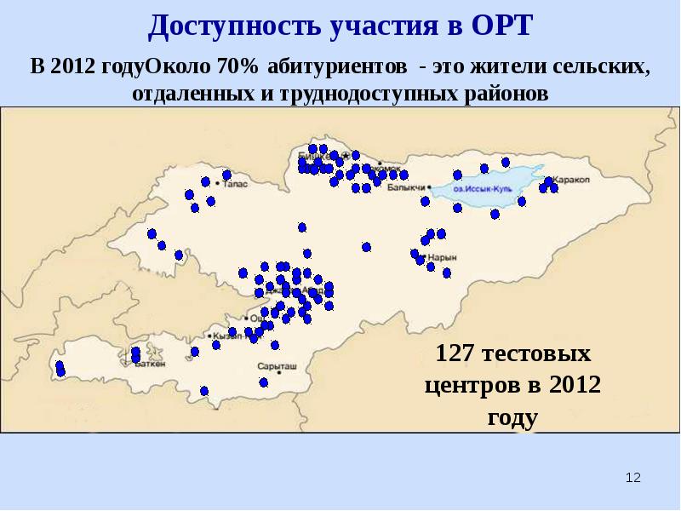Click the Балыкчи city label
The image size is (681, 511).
[x=405, y=187]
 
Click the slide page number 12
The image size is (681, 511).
[x=632, y=479]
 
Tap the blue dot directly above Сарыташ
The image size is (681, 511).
[x=274, y=345]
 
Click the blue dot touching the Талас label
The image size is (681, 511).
[x=226, y=175]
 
